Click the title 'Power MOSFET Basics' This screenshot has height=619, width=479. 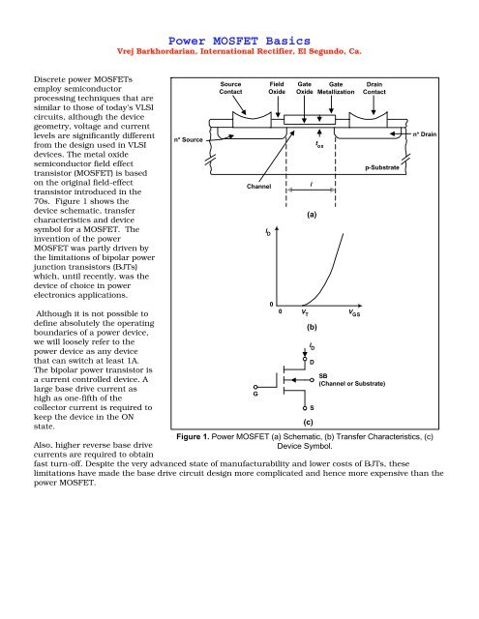click(x=239, y=40)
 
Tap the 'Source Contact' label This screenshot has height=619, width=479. click(x=230, y=90)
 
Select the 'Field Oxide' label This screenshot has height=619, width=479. click(x=276, y=90)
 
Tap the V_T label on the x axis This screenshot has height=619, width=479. click(x=304, y=313)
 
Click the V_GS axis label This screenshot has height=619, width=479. click(x=356, y=313)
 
